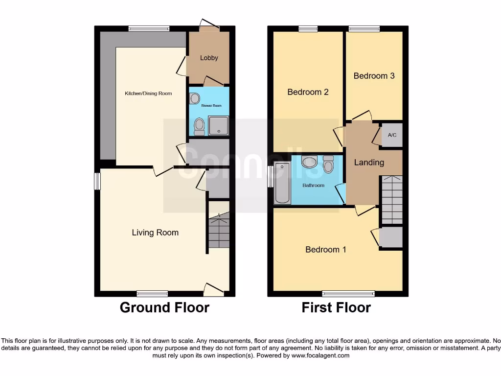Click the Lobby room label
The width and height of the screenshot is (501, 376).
tap(209, 58)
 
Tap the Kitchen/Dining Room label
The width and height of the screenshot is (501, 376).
tap(148, 93)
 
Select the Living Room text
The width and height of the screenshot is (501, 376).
tap(155, 233)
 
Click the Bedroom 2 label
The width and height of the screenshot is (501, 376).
tap(308, 92)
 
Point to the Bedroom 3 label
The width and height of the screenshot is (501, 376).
tap(374, 76)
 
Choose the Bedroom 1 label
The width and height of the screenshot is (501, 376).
tap(326, 250)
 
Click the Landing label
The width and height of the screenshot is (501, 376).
tap(369, 163)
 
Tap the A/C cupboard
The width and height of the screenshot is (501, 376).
tap(392, 135)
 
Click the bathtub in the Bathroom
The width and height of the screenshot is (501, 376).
tap(282, 183)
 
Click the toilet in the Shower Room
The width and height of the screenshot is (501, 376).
tap(199, 127)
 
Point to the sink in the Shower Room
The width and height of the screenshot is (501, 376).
tap(195, 99)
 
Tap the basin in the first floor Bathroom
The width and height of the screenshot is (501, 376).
tap(309, 162)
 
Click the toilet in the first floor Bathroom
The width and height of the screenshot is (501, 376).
tap(328, 164)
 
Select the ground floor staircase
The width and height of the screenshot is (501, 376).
tap(219, 230)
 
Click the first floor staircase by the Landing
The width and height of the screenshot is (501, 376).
tap(391, 199)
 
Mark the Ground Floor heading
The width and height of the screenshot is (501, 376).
tap(164, 307)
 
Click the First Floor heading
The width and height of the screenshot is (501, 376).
tap(336, 307)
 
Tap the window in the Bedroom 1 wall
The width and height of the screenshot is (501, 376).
tap(348, 294)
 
